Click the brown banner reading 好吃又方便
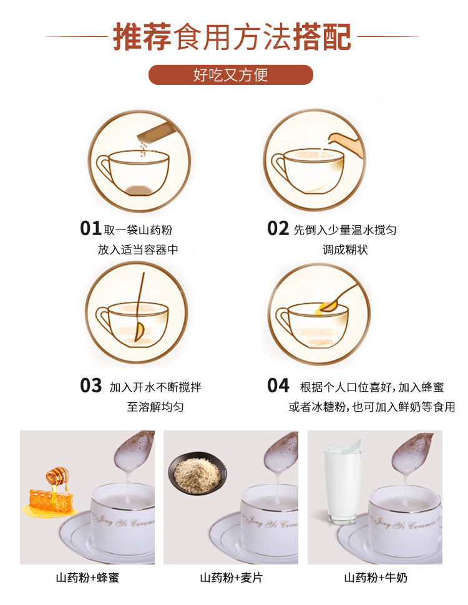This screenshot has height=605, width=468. tap(230, 74)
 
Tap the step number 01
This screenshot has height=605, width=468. tap(90, 228)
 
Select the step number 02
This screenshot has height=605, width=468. tap(278, 228)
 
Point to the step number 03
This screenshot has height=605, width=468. tap(90, 385)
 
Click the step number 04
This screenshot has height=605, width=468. tap(278, 385)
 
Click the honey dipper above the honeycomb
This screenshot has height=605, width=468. tap(58, 476)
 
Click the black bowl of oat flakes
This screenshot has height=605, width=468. tap(197, 473)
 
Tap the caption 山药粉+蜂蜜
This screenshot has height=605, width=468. tap(87, 578)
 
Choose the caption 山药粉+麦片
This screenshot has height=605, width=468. tap(232, 578)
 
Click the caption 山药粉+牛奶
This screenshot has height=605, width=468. tap(375, 578)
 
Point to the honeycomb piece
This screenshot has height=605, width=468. tap(50, 500)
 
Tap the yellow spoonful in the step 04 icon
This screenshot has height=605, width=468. tap(327, 307)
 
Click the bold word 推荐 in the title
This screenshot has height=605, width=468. tap(142, 37)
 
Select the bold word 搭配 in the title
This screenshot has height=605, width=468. tap(322, 37)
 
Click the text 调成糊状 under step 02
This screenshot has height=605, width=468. tap(345, 249)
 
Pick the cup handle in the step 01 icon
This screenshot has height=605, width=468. tap(104, 168)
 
